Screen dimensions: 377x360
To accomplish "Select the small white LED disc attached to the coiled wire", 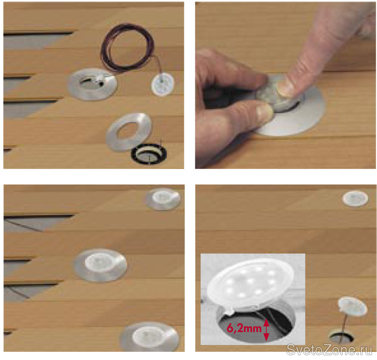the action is [x=163, y=85].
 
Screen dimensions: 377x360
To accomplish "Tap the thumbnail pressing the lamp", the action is [x=286, y=88].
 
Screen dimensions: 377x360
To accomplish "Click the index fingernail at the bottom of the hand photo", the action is [x=264, y=111].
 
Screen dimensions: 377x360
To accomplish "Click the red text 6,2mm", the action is [x=244, y=328].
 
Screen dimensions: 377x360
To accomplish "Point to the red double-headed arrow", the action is [x=266, y=330].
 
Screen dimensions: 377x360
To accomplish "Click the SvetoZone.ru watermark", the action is [x=331, y=349].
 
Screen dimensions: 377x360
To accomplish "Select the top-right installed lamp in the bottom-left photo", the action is [x=164, y=199].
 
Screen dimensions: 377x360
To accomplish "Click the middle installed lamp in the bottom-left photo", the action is [x=100, y=265].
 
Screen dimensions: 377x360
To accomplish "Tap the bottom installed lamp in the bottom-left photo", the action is [x=150, y=337].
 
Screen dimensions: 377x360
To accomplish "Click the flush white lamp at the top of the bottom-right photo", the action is [x=355, y=198].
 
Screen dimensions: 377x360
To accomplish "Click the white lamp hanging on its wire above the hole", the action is [x=353, y=306].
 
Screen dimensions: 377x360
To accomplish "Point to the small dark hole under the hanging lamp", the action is [x=342, y=337].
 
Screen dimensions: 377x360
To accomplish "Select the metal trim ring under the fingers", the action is [x=303, y=120].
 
